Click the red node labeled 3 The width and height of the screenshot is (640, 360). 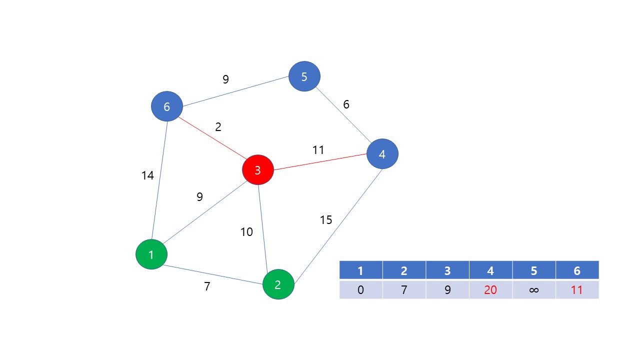tap(258, 170)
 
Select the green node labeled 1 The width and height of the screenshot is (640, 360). tap(151, 254)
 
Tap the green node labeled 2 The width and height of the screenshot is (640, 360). tap(278, 284)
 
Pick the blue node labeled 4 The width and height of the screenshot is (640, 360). tap(382, 154)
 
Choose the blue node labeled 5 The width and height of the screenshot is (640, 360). tap(304, 76)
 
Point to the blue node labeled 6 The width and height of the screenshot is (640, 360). tap(167, 106)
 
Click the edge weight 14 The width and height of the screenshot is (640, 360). tap(147, 175)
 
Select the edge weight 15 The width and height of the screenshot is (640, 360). tap(326, 220)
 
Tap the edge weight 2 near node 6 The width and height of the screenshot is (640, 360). tap(218, 127)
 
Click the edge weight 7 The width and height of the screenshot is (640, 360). tap(207, 286)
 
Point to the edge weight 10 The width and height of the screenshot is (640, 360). tap(246, 232)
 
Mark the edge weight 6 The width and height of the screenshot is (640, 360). tap(346, 105)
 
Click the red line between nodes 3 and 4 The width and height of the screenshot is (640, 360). tap(320, 162)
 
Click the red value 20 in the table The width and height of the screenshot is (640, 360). tap(490, 289)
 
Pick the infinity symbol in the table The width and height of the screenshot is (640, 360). tap(533, 289)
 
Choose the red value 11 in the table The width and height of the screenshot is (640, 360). tap(577, 289)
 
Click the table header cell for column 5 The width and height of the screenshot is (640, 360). tap(533, 270)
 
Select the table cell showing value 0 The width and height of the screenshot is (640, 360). tap(360, 289)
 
